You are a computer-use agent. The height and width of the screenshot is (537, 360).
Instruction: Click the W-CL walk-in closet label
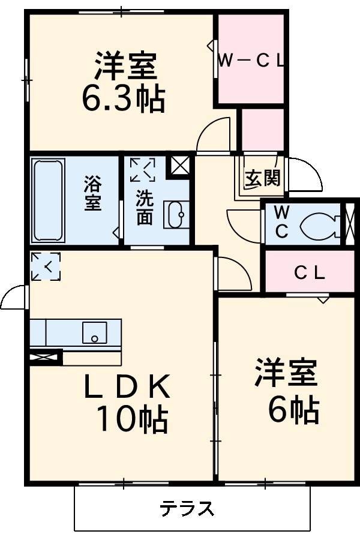(x=250, y=60)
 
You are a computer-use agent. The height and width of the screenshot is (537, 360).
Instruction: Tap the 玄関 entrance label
(x=263, y=178)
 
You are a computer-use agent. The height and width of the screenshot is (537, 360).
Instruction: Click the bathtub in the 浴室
(x=48, y=199)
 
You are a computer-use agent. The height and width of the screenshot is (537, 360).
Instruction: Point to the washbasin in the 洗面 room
(x=175, y=215)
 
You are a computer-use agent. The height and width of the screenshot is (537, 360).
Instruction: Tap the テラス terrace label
(x=187, y=509)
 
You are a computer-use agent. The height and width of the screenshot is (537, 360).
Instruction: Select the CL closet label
(x=309, y=273)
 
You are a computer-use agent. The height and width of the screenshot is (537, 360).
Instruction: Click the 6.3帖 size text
(x=123, y=99)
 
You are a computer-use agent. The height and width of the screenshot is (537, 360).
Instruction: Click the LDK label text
(x=127, y=389)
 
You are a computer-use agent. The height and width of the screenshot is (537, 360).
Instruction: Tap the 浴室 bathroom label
(x=92, y=193)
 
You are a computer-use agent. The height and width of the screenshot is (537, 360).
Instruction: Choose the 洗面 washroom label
(x=144, y=207)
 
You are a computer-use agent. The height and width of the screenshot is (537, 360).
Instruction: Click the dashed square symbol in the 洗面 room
(x=142, y=169)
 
